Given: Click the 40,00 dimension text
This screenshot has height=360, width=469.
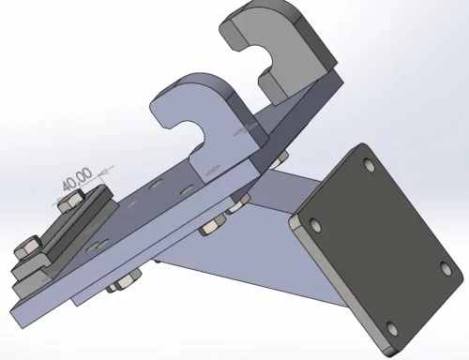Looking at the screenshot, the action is coord(77,179).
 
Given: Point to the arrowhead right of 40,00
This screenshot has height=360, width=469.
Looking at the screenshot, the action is coord(104,172).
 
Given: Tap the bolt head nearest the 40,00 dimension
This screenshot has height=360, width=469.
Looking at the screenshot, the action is coord(71,200).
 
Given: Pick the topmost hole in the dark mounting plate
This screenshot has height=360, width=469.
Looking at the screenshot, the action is coord(370,165).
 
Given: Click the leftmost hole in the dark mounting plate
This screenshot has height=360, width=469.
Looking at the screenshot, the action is coord(315,225).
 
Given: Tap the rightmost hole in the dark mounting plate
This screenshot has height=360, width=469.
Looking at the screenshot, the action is coord(446,268).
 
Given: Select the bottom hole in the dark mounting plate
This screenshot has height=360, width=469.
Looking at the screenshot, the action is coord(392,329).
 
